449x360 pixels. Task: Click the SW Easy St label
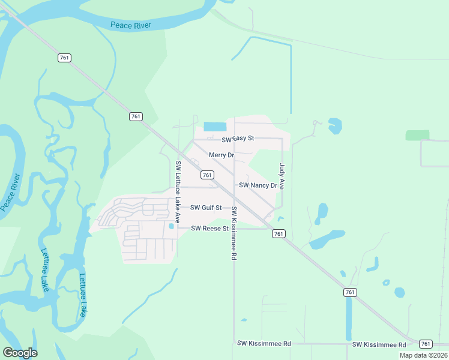pyautogui.click(x=238, y=139)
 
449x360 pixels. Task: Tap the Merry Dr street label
pyautogui.click(x=221, y=155)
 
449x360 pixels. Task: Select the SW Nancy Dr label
pyautogui.click(x=258, y=185)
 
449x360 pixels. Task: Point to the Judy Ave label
pyautogui.click(x=282, y=177)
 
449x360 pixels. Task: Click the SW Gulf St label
pyautogui.click(x=206, y=208)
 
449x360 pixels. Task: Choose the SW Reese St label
pyautogui.click(x=210, y=229)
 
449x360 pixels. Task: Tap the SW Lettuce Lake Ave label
pyautogui.click(x=178, y=185)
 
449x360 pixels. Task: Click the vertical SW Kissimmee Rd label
pyautogui.click(x=234, y=233)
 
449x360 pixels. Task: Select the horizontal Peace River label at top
pyautogui.click(x=131, y=25)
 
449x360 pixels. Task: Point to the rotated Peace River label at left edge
pyautogui.click(x=10, y=192)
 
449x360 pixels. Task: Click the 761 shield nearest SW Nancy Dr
pyautogui.click(x=207, y=175)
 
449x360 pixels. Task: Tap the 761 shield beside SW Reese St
pyautogui.click(x=278, y=233)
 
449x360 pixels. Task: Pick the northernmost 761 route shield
pyautogui.click(x=65, y=58)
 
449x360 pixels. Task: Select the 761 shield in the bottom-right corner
pyautogui.click(x=425, y=344)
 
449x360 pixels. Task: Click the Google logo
pyautogui.click(x=20, y=353)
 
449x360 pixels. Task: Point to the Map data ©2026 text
pyautogui.click(x=423, y=355)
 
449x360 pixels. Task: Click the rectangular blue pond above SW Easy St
pyautogui.click(x=215, y=127)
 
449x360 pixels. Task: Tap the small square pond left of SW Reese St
pyautogui.click(x=171, y=226)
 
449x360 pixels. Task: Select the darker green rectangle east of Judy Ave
pyautogui.click(x=417, y=135)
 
